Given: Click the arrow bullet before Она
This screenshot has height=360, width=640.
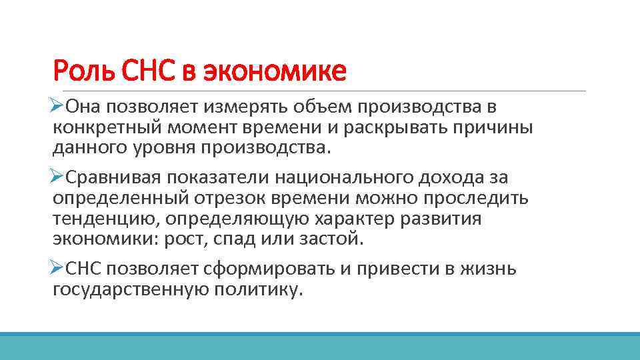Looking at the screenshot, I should coord(57,107).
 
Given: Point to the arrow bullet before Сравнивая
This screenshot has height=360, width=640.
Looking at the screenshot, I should coord(57,177).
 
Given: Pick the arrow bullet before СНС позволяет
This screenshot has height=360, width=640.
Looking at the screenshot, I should coord(57,269).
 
